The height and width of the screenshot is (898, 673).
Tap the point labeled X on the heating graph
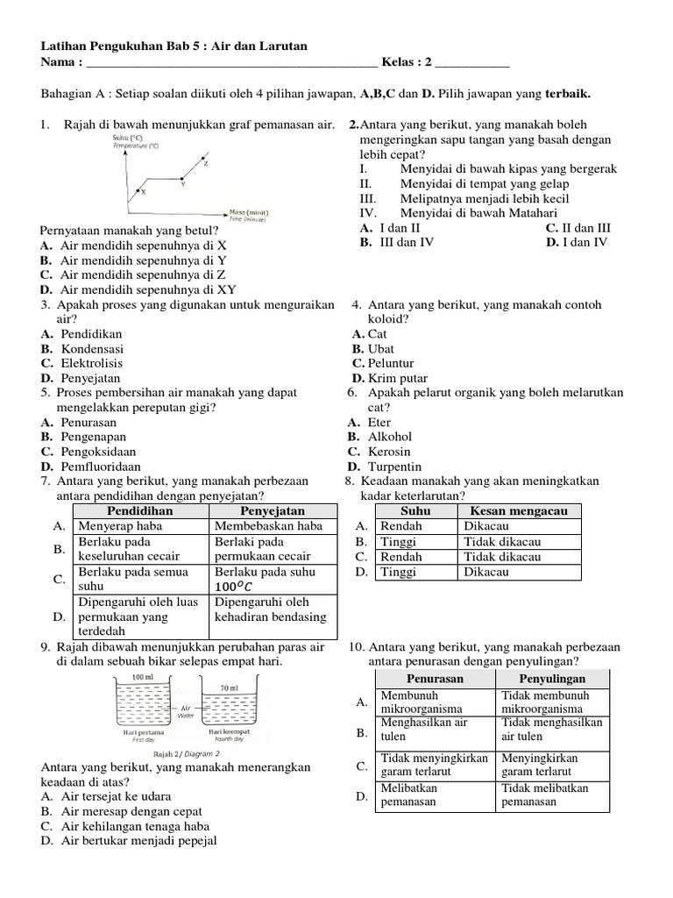coord(143,191)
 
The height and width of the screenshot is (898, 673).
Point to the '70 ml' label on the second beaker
coord(230,689)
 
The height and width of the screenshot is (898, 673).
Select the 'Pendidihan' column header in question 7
coord(139,510)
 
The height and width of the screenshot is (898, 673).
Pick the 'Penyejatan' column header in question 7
coord(272,510)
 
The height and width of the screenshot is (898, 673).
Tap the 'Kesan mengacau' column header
coord(520,510)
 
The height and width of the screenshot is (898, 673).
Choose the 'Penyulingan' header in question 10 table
coord(552,679)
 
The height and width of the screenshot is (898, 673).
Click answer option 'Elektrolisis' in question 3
coord(91,363)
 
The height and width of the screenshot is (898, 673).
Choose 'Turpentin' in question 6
coord(394,466)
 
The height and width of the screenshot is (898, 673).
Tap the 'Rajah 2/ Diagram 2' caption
coord(187,752)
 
